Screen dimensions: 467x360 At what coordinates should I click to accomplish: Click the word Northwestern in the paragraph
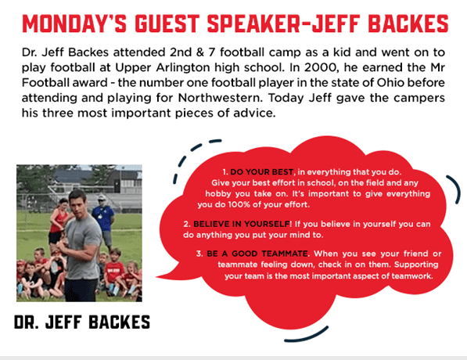click(x=220, y=98)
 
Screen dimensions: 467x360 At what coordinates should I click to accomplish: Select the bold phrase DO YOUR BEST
click(x=261, y=172)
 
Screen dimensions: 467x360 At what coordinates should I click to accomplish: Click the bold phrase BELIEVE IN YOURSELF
click(x=241, y=224)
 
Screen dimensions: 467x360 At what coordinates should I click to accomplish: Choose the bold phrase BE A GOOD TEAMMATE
click(x=257, y=254)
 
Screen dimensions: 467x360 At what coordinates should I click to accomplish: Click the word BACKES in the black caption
click(x=119, y=322)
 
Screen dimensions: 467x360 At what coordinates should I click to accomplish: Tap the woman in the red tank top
click(x=58, y=221)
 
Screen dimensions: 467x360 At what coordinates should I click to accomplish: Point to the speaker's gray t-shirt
click(x=82, y=247)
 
